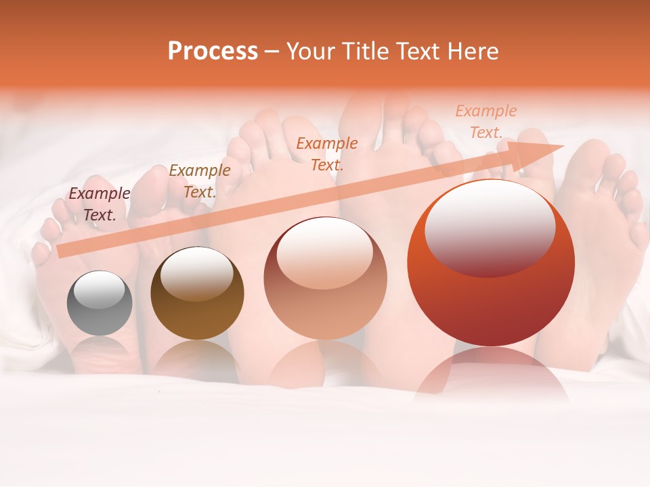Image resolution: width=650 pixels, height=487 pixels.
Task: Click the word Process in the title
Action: [213, 51]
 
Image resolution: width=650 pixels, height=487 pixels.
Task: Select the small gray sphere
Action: [100, 303]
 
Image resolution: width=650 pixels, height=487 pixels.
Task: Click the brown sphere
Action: [197, 294]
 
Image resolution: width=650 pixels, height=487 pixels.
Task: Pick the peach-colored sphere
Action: [325, 278]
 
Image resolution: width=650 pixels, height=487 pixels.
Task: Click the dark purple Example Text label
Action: [100, 204]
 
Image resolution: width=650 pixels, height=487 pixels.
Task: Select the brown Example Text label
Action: [199, 181]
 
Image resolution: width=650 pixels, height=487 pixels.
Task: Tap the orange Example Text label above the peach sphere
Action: [327, 154]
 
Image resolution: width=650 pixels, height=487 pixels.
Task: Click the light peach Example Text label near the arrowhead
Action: [485, 122]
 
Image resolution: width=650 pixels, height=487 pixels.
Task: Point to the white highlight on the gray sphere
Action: [99, 289]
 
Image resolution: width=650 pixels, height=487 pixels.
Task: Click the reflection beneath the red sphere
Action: [491, 375]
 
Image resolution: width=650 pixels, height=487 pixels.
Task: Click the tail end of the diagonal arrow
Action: [62, 251]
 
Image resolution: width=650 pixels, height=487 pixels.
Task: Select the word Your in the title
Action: [310, 51]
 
